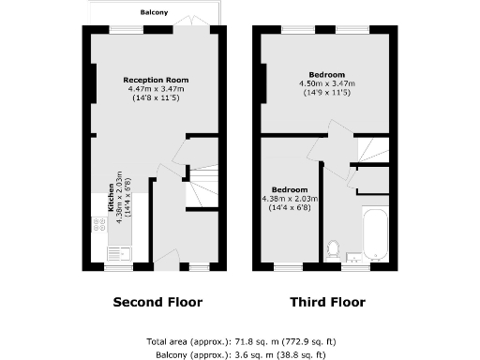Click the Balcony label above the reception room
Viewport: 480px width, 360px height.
[x=154, y=12]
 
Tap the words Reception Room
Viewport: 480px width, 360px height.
[x=157, y=81]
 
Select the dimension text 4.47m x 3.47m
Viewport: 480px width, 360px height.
[x=157, y=88]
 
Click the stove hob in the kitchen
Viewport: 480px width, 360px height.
[x=97, y=225]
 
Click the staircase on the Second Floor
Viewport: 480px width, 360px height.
[x=202, y=187]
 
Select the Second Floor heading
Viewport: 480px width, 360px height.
[x=157, y=302]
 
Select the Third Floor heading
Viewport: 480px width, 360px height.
[x=327, y=302]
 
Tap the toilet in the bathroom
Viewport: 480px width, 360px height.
[x=332, y=249]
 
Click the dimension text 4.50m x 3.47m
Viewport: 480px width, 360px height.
[x=326, y=83]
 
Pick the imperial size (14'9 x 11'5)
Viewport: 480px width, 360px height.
[x=326, y=92]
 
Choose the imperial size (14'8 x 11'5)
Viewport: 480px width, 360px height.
[x=157, y=97]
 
